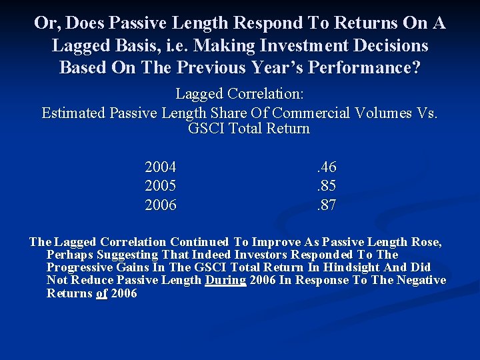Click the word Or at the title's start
[x=45, y=23]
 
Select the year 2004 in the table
[x=161, y=167]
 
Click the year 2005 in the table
[x=161, y=187]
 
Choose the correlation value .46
[x=325, y=167]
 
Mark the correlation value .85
[x=325, y=187]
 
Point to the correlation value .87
[x=325, y=205]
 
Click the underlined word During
[x=225, y=281]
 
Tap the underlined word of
[x=101, y=293]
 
